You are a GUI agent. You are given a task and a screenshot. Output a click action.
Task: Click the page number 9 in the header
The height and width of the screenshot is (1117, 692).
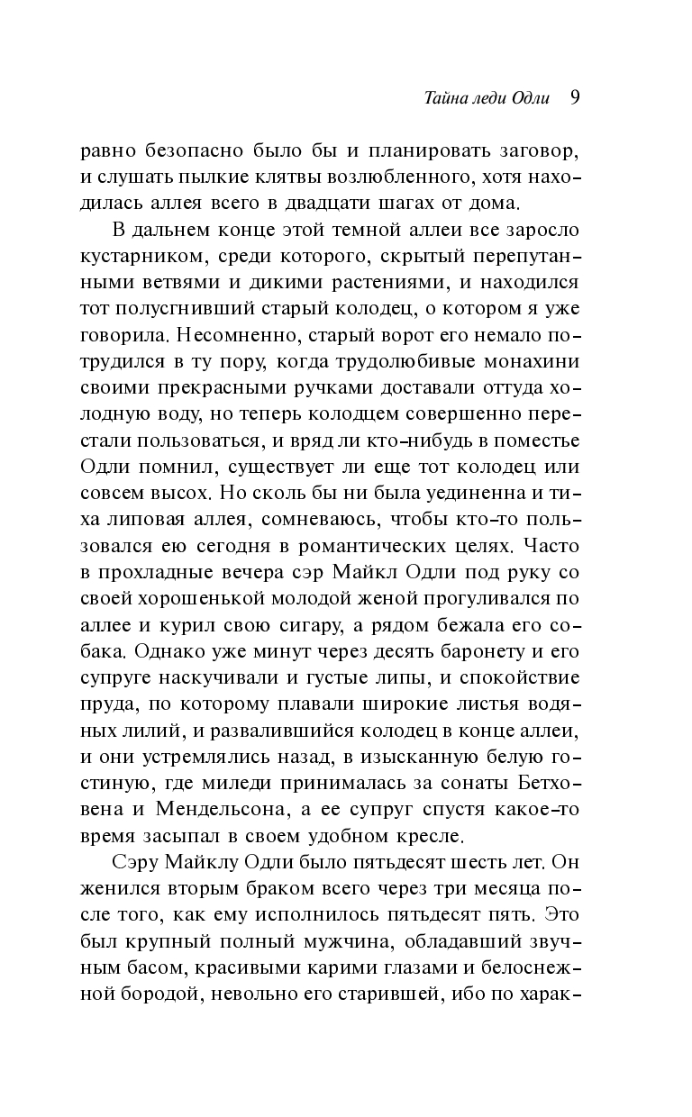click(574, 97)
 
